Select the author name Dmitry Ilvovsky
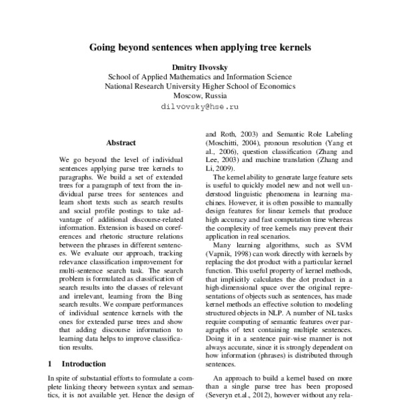[200, 67]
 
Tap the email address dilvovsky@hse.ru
[200, 105]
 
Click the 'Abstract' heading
[121, 142]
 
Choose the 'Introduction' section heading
[83, 364]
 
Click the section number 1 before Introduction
[51, 364]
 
